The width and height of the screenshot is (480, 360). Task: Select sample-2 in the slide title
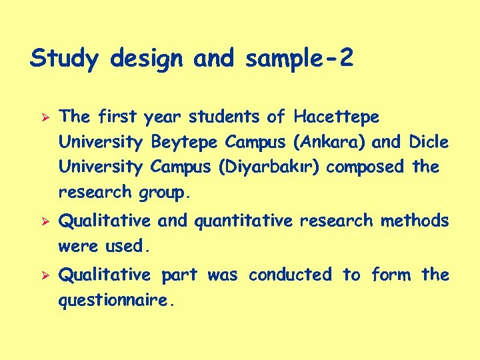coord(299,59)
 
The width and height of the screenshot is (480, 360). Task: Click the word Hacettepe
coord(336,118)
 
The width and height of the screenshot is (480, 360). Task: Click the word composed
coord(370,167)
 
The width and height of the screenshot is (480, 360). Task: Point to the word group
coord(164,193)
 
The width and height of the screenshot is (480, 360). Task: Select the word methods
coord(415,221)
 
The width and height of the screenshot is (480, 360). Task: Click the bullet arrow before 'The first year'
coord(38,117)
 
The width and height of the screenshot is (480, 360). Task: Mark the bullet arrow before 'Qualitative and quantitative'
coord(38,221)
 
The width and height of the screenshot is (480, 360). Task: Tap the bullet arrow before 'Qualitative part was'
coord(38,275)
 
